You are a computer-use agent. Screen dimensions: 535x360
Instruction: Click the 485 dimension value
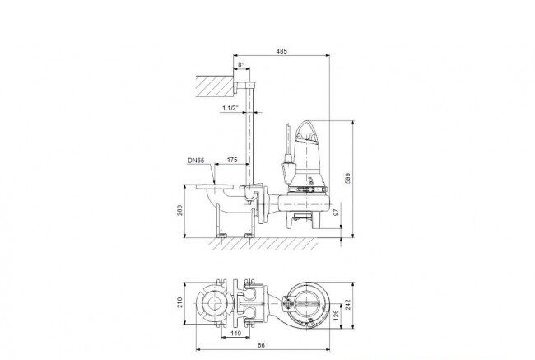tap(281, 51)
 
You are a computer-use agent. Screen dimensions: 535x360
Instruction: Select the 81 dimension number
tap(241, 64)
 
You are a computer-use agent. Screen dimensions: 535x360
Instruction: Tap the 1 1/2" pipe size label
tap(230, 108)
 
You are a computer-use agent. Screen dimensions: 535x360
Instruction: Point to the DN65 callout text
tap(196, 160)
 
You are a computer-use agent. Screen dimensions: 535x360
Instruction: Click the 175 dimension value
tap(232, 160)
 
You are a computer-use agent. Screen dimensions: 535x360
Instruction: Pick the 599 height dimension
tap(347, 178)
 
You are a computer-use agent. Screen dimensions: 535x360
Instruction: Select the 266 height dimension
tap(179, 210)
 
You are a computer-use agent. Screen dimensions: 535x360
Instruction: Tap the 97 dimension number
tap(337, 213)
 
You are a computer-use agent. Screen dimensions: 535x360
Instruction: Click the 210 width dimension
tap(179, 302)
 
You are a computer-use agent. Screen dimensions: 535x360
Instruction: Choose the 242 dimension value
tap(347, 304)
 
